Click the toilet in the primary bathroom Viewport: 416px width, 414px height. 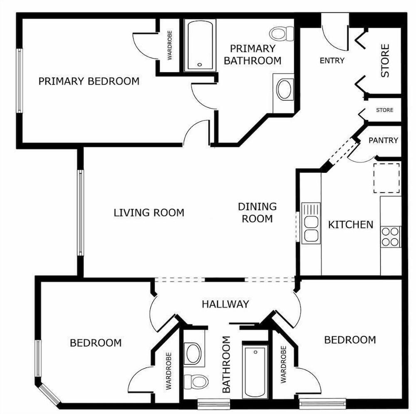(282, 34)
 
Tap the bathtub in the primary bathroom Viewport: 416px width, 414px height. (200, 45)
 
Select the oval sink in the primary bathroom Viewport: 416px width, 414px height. (284, 90)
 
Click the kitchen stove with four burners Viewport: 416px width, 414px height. (391, 237)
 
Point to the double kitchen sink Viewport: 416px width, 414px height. (311, 223)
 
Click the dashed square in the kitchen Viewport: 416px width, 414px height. (386, 178)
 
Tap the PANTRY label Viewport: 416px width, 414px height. (384, 140)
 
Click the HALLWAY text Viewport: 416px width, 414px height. (225, 304)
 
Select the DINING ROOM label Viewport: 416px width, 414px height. (258, 213)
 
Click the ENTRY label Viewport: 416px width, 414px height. (332, 61)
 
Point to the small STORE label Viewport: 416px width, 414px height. (385, 110)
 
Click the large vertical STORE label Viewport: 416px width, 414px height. (385, 61)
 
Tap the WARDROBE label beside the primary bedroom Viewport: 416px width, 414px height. (170, 45)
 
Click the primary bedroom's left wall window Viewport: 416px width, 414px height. (20, 81)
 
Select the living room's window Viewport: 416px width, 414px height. (80, 213)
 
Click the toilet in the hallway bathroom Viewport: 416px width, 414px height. (196, 382)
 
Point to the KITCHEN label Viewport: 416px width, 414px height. (351, 225)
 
